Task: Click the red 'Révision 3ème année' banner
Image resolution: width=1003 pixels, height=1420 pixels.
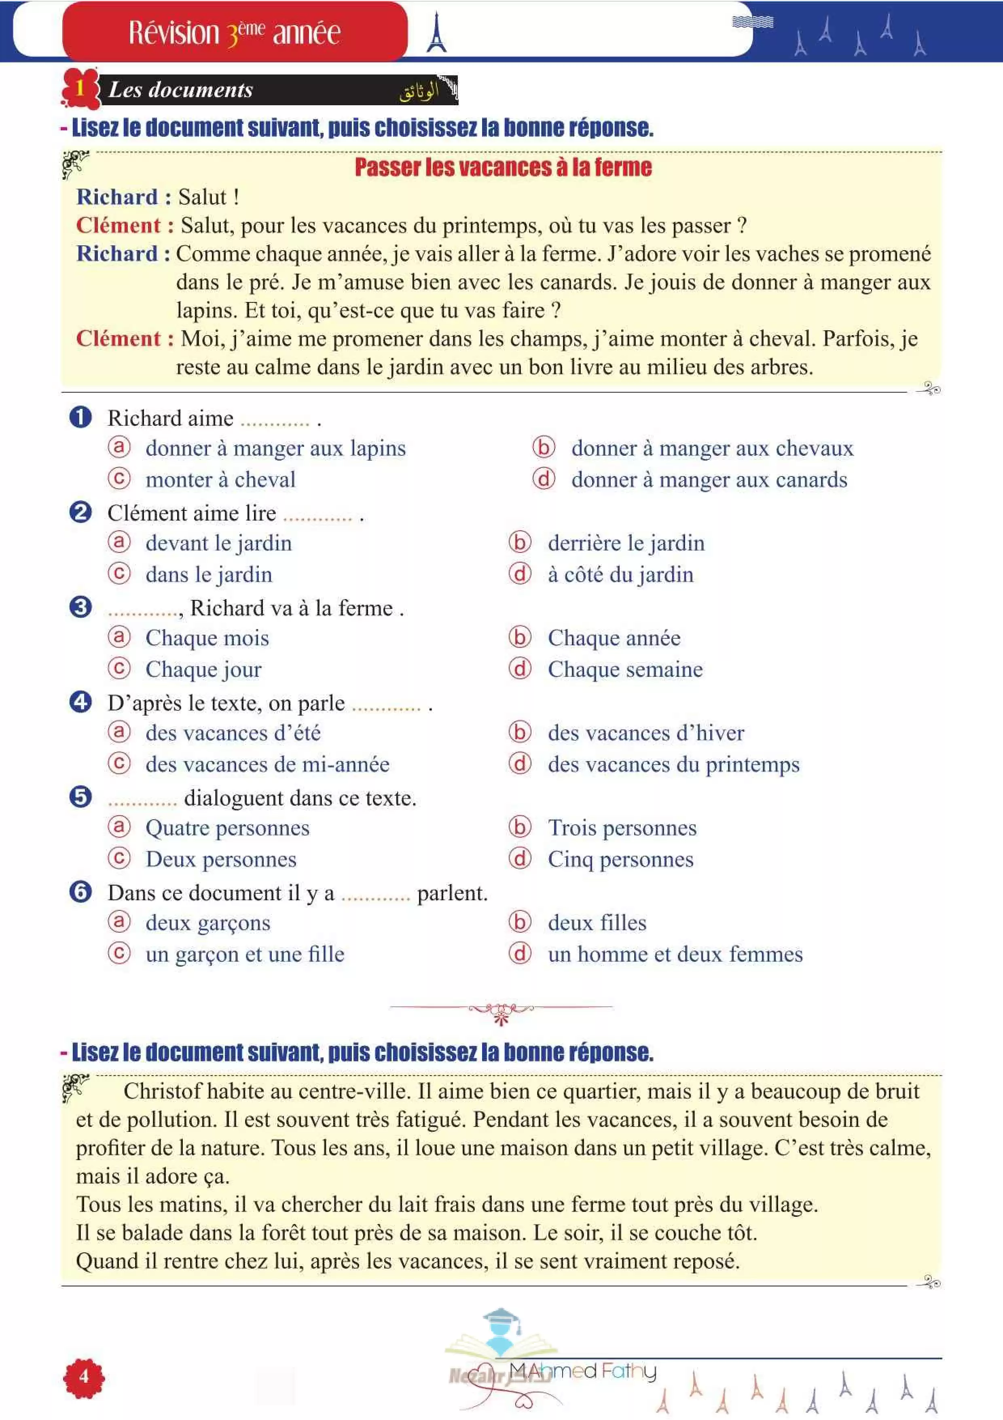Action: pyautogui.click(x=235, y=32)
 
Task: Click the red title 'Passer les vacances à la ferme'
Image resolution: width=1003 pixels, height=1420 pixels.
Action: pyautogui.click(x=503, y=167)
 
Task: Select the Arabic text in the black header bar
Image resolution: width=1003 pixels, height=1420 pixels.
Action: pyautogui.click(x=419, y=91)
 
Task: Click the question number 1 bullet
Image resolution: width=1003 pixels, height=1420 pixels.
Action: pyautogui.click(x=80, y=417)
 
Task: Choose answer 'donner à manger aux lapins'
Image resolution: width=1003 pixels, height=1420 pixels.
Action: pyautogui.click(x=276, y=448)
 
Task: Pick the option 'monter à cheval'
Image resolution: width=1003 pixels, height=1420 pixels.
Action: pyautogui.click(x=221, y=479)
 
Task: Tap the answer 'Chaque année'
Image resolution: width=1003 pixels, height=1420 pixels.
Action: pyautogui.click(x=614, y=638)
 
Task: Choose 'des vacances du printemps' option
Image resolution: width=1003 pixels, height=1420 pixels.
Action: pyautogui.click(x=674, y=764)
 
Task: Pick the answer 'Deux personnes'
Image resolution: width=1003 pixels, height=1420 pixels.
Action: pyautogui.click(x=221, y=859)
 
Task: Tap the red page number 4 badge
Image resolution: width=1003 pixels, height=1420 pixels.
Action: pyautogui.click(x=84, y=1377)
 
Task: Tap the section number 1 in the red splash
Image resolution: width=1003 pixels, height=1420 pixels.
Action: pyautogui.click(x=80, y=88)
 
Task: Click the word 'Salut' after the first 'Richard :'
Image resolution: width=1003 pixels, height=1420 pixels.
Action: pyautogui.click(x=202, y=197)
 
